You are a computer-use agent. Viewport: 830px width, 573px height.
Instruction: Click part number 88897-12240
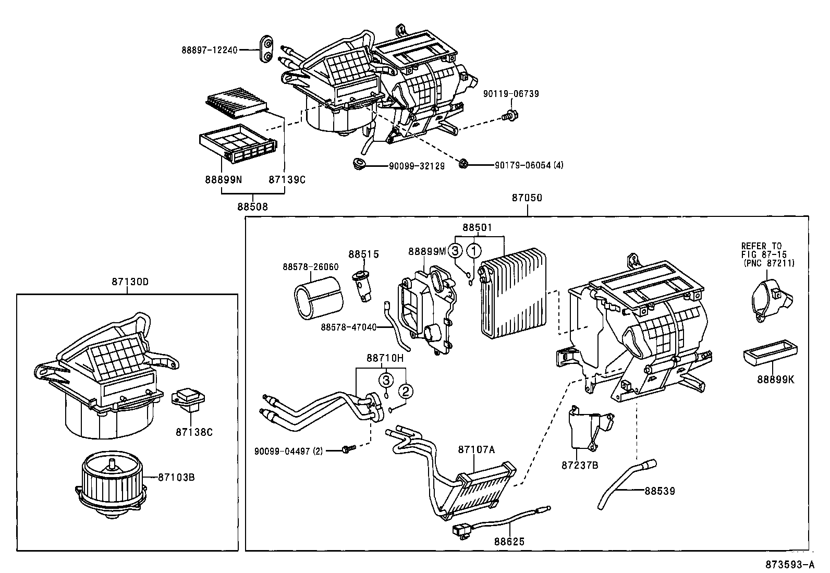(210, 50)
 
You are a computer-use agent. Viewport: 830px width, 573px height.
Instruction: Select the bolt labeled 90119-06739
(510, 115)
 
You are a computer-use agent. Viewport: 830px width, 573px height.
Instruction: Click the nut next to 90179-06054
(463, 165)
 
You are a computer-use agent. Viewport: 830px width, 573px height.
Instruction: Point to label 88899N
(223, 179)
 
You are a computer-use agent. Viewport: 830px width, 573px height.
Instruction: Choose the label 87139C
(287, 179)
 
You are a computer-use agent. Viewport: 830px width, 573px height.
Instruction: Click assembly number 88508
(252, 206)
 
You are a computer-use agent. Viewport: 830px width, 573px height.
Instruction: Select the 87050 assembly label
(527, 198)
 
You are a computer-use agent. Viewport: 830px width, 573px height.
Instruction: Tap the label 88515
(363, 254)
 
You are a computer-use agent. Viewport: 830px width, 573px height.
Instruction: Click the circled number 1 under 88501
(473, 251)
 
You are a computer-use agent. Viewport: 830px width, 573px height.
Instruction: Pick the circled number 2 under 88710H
(407, 390)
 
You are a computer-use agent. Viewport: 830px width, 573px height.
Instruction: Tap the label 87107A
(476, 449)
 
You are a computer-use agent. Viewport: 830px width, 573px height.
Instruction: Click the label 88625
(509, 541)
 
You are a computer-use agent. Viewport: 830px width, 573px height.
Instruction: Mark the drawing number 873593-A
(789, 565)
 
